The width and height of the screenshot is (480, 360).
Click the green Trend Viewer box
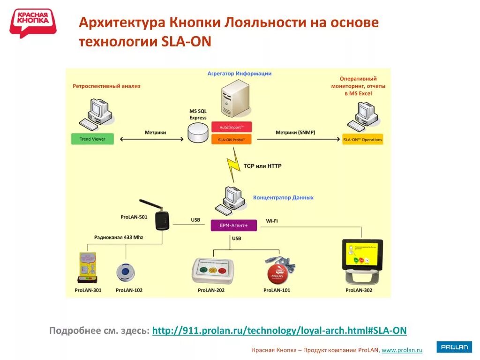point(92,139)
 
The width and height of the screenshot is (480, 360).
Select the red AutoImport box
point(232,127)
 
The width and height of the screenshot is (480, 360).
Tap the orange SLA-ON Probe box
point(232,139)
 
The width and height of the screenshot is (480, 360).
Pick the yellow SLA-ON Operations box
point(362,139)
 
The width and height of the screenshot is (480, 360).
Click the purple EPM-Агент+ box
point(233,225)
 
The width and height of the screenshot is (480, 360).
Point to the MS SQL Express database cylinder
point(197,134)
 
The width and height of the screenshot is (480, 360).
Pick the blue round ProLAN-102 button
point(126,272)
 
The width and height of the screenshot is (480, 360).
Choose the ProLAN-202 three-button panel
point(213,270)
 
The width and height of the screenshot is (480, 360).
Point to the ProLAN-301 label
point(88,290)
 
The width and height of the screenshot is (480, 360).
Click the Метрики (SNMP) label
point(295,132)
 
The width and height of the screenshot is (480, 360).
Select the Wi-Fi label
point(272,220)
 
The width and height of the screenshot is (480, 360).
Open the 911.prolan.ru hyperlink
point(279,330)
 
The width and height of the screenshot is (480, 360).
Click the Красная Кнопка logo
point(33,22)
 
